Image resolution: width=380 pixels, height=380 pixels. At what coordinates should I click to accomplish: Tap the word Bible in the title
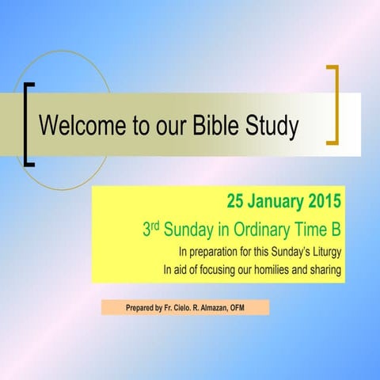tap(212, 126)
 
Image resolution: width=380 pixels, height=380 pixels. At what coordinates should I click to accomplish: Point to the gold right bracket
tap(333, 105)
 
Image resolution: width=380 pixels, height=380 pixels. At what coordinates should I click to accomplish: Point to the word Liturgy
tap(324, 253)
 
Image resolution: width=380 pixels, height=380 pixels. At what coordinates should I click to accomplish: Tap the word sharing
tap(325, 272)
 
